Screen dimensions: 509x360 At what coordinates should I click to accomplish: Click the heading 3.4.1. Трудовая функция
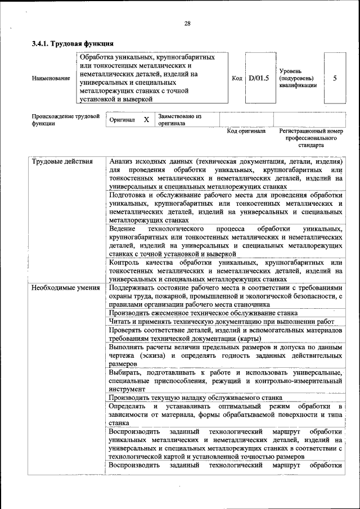[73, 43]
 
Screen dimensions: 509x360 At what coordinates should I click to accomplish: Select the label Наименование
[51, 78]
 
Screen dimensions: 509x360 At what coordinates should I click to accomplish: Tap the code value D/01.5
[259, 78]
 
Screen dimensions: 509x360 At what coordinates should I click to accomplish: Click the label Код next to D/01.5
[237, 78]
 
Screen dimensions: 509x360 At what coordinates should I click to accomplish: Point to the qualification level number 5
[335, 78]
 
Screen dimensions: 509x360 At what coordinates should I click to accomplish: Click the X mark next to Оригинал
[146, 120]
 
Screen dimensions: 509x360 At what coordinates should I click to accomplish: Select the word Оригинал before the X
[122, 120]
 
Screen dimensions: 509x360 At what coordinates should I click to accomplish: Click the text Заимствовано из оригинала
[179, 119]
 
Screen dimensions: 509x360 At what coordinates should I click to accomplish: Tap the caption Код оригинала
[246, 131]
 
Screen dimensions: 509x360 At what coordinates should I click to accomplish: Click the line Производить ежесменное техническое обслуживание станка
[203, 313]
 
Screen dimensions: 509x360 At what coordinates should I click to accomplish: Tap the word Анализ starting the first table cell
[122, 162]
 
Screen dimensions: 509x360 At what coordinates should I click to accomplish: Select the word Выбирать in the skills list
[126, 373]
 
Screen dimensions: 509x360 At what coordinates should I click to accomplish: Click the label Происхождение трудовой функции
[61, 120]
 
